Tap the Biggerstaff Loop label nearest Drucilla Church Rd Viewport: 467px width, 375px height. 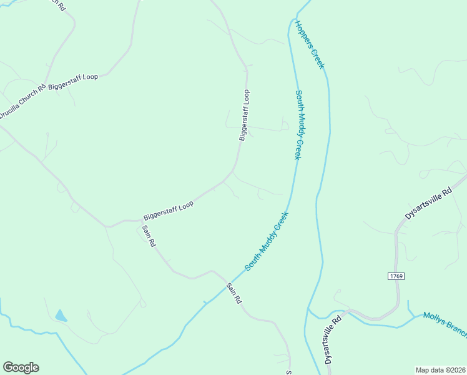(x=74, y=81)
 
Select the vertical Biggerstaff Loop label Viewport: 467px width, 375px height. (x=245, y=116)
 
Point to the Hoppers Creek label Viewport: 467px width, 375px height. (x=310, y=44)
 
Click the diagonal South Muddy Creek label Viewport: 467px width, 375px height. (x=267, y=241)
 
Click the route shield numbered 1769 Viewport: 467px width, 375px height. (x=396, y=276)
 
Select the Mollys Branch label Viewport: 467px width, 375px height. (x=445, y=324)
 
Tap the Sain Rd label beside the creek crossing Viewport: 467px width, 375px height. (x=234, y=293)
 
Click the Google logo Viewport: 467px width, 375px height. (x=21, y=367)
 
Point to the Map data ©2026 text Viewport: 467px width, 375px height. (x=440, y=369)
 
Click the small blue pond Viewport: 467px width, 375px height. (x=61, y=316)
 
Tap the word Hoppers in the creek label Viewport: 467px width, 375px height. (x=304, y=34)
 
